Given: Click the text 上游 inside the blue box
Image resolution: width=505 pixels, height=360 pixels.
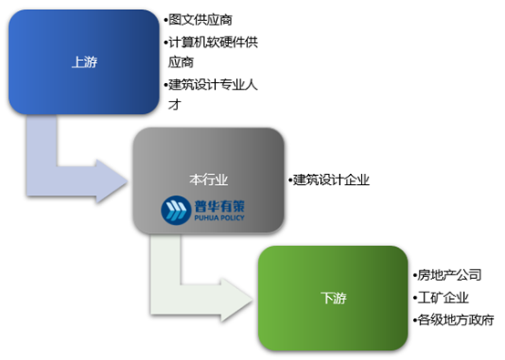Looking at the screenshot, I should click(84, 63).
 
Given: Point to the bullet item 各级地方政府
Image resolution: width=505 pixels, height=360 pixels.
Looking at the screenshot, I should click(455, 320).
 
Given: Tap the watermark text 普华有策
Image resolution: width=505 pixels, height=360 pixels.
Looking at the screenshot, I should click(217, 206).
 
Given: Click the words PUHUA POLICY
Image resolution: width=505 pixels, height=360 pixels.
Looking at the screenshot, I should click(217, 220).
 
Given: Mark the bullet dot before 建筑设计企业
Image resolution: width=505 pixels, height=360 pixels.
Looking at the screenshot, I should click(289, 180).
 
